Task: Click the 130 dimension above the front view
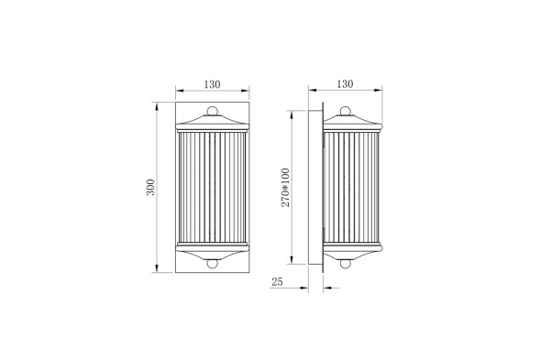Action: (212, 84)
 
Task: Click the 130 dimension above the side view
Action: (345, 84)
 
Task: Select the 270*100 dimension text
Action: (285, 188)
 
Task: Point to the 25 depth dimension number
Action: (278, 283)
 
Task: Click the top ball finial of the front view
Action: (213, 113)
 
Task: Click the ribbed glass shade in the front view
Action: (213, 188)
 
